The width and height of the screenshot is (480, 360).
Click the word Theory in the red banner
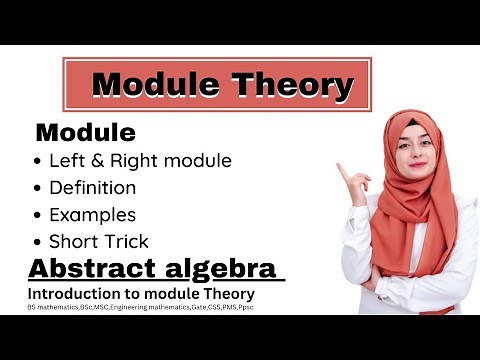[295, 86]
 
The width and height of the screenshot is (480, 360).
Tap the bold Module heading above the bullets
[85, 132]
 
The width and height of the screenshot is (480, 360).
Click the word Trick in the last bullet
[127, 241]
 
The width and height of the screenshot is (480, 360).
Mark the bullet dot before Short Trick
[39, 242]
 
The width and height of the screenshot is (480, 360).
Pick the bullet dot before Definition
[39, 188]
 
